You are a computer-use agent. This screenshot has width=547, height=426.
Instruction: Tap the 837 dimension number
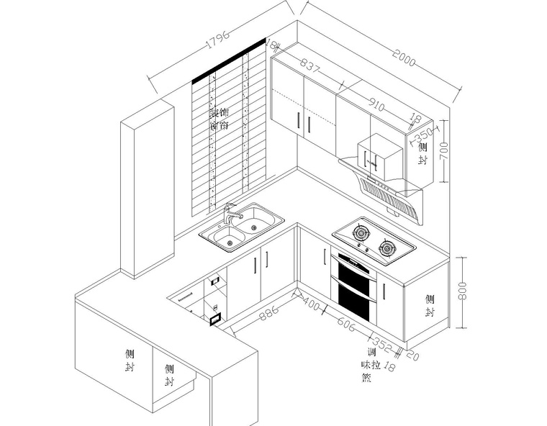click(x=310, y=68)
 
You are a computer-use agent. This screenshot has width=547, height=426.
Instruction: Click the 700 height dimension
click(x=445, y=150)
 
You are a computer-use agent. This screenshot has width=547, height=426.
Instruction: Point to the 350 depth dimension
click(x=425, y=135)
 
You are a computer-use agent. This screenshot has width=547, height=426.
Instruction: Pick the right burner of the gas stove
click(x=388, y=248)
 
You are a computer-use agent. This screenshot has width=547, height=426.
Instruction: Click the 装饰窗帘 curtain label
click(x=219, y=119)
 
